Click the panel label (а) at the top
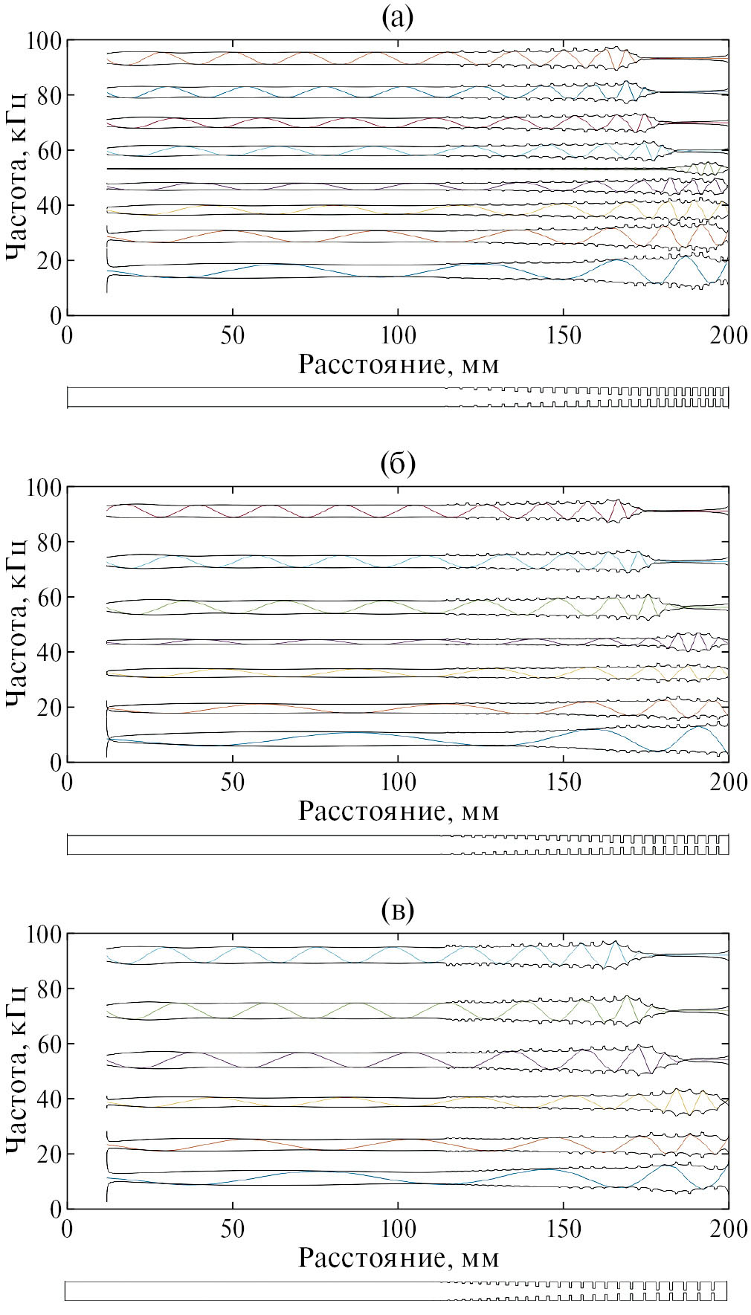click(397, 16)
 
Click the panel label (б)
click(397, 464)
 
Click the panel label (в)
click(397, 910)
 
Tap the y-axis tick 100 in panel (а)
click(44, 40)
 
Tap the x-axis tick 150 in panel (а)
click(564, 336)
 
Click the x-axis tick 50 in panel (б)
click(233, 782)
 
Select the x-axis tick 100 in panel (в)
click(398, 1229)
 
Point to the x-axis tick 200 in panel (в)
click(728, 1229)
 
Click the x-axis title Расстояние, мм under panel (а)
click(398, 364)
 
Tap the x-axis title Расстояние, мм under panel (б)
click(398, 810)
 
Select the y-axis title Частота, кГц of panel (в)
click(17, 1070)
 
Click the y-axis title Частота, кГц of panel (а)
click(17, 177)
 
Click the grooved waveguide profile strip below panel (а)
click(398, 397)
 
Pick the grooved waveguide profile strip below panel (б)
click(398, 844)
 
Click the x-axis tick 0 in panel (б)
click(68, 782)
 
